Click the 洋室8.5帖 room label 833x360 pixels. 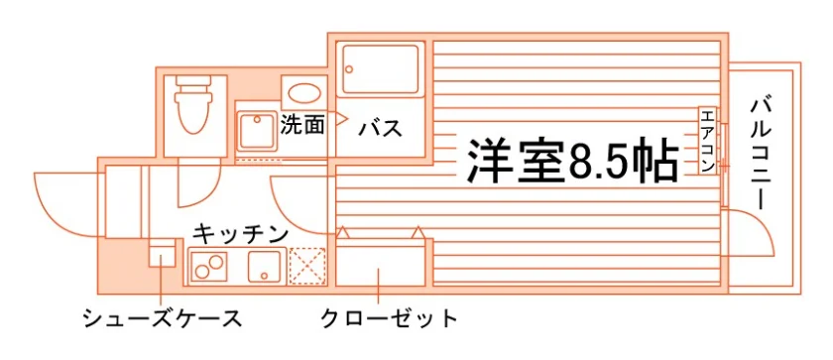573,161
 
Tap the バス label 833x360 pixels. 380,129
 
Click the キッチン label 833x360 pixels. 241,233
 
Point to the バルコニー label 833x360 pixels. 762,154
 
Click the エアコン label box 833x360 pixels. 708,140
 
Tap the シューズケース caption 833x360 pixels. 163,318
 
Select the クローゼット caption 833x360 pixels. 390,318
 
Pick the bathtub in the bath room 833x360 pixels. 381,69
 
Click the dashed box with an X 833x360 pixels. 307,266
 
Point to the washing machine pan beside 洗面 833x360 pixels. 256,130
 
